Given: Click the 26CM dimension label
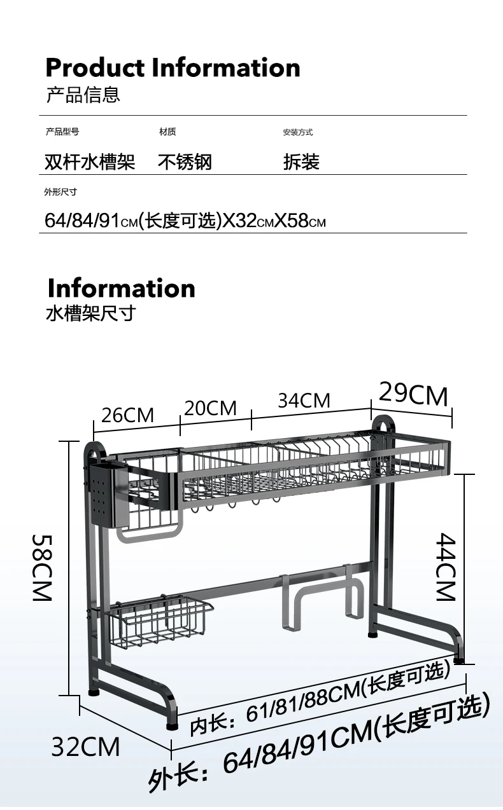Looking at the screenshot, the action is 127,415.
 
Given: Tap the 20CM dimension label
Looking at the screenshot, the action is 210,408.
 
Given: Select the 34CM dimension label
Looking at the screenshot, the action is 304,401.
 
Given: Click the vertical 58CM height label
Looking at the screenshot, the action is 43,568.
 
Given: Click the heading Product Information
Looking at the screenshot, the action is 173,67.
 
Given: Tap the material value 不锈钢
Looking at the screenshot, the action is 185,161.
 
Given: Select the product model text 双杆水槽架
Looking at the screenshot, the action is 90,161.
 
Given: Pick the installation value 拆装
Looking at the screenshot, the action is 301,161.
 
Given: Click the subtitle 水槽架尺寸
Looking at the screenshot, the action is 91,313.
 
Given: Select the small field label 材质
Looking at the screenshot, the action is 167,132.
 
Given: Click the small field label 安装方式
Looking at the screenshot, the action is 298,132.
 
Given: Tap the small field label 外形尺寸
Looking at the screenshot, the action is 60,192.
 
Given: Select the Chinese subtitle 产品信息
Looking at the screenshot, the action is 83,95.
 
